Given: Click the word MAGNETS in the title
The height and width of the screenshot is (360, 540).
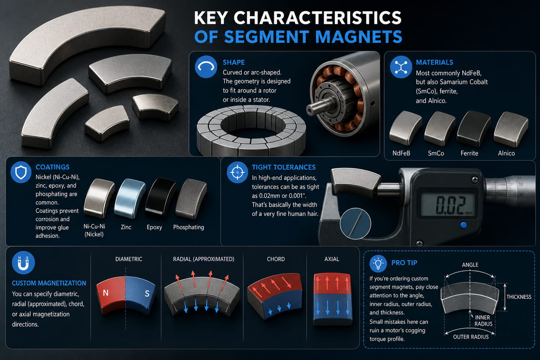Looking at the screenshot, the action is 359,36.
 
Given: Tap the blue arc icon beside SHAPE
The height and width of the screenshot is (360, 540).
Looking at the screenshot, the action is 206,67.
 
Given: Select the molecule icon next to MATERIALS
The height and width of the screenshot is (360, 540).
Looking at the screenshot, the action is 400,67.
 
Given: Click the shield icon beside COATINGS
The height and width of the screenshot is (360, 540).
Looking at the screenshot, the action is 21,172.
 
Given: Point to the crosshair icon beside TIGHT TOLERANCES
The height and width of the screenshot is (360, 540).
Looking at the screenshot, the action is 237,172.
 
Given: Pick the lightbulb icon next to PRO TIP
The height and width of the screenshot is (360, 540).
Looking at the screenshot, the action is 378,263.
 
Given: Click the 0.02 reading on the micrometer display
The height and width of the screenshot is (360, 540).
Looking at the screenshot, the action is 450,205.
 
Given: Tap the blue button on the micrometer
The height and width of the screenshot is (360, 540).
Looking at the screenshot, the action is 463,225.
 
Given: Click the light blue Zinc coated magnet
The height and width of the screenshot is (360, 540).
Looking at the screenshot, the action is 130,198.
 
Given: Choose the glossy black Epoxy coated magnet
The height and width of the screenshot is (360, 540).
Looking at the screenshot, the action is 161,198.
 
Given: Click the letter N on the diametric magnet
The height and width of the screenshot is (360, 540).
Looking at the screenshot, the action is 106,293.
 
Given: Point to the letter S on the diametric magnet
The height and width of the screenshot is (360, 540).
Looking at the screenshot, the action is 147,293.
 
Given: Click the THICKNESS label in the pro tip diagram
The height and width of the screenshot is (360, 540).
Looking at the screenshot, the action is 519,297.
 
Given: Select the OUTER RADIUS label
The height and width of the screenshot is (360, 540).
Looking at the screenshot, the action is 471,337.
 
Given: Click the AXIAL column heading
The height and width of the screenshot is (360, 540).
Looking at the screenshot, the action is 332,259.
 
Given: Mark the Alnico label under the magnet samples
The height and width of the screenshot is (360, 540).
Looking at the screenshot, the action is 506,153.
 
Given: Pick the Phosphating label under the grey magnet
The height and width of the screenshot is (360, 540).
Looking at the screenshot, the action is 189,227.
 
